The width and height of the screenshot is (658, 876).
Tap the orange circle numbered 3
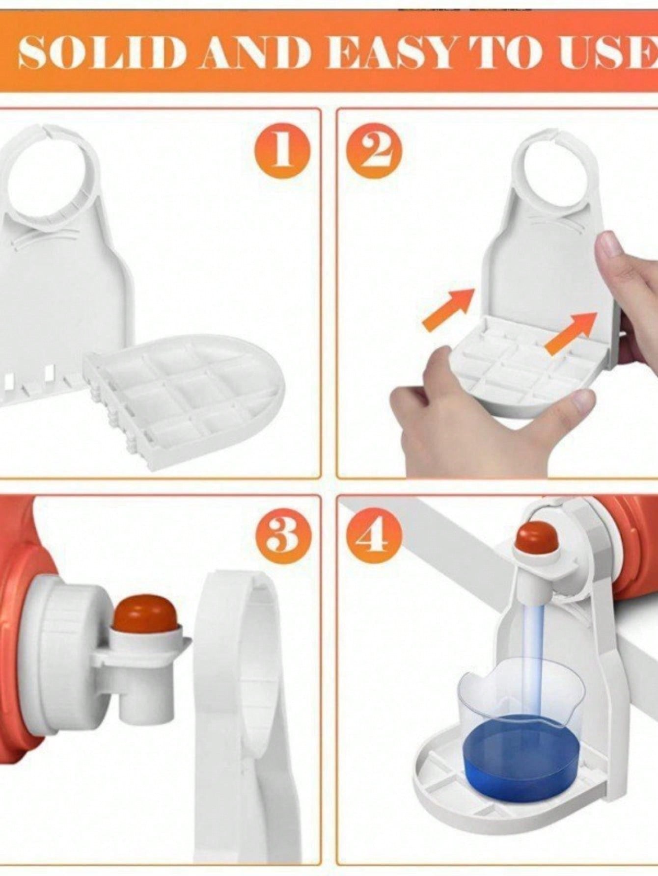click(283, 535)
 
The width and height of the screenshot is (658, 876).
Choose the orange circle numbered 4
click(375, 535)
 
